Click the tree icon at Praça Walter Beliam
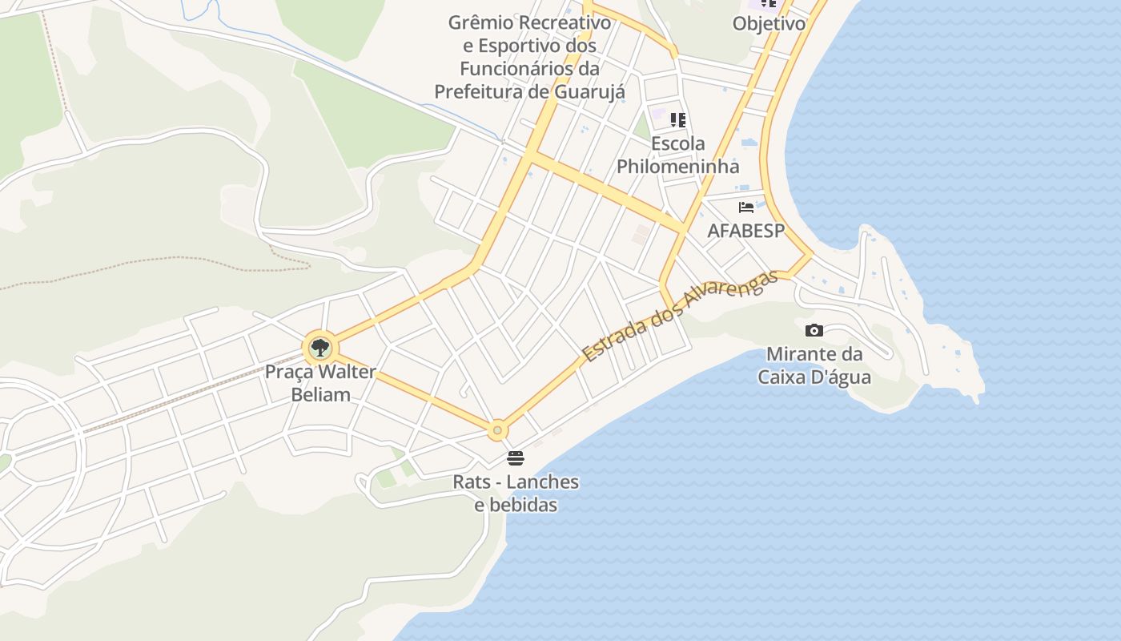(x=320, y=348)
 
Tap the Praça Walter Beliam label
(x=320, y=383)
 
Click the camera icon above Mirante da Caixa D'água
(x=814, y=330)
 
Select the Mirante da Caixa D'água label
(x=814, y=365)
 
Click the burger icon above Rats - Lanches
(x=516, y=458)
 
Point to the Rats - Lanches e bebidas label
(x=516, y=494)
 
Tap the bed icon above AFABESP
(x=746, y=208)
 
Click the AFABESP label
(x=745, y=231)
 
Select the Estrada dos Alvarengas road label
(x=681, y=316)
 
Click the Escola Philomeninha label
(x=677, y=155)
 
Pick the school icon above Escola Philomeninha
(x=678, y=120)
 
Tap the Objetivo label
(x=769, y=23)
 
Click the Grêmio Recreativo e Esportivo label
(x=529, y=57)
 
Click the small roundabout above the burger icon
(x=497, y=430)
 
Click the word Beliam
(x=320, y=394)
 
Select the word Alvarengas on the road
(x=729, y=294)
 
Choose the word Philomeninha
(x=677, y=167)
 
